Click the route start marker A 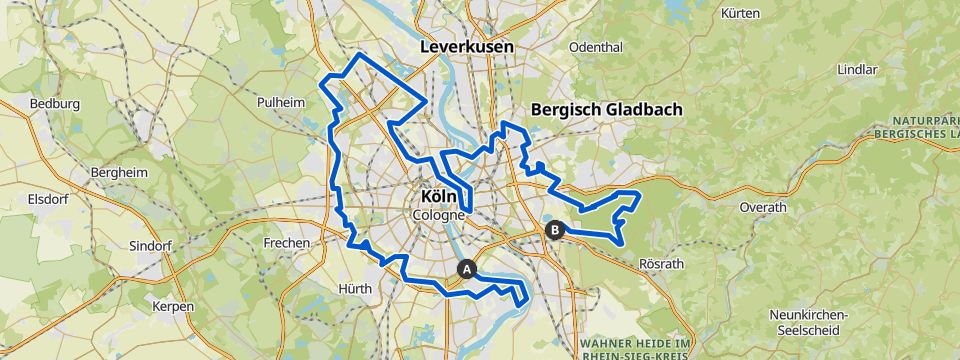(x=465, y=268)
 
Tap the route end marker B (x=555, y=230)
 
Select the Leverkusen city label (x=466, y=47)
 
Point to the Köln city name (x=439, y=198)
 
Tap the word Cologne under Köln (x=439, y=215)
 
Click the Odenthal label (x=595, y=47)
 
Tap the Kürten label (x=741, y=15)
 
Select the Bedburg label (x=54, y=103)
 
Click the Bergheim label (x=119, y=172)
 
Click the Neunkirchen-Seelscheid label (x=808, y=322)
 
